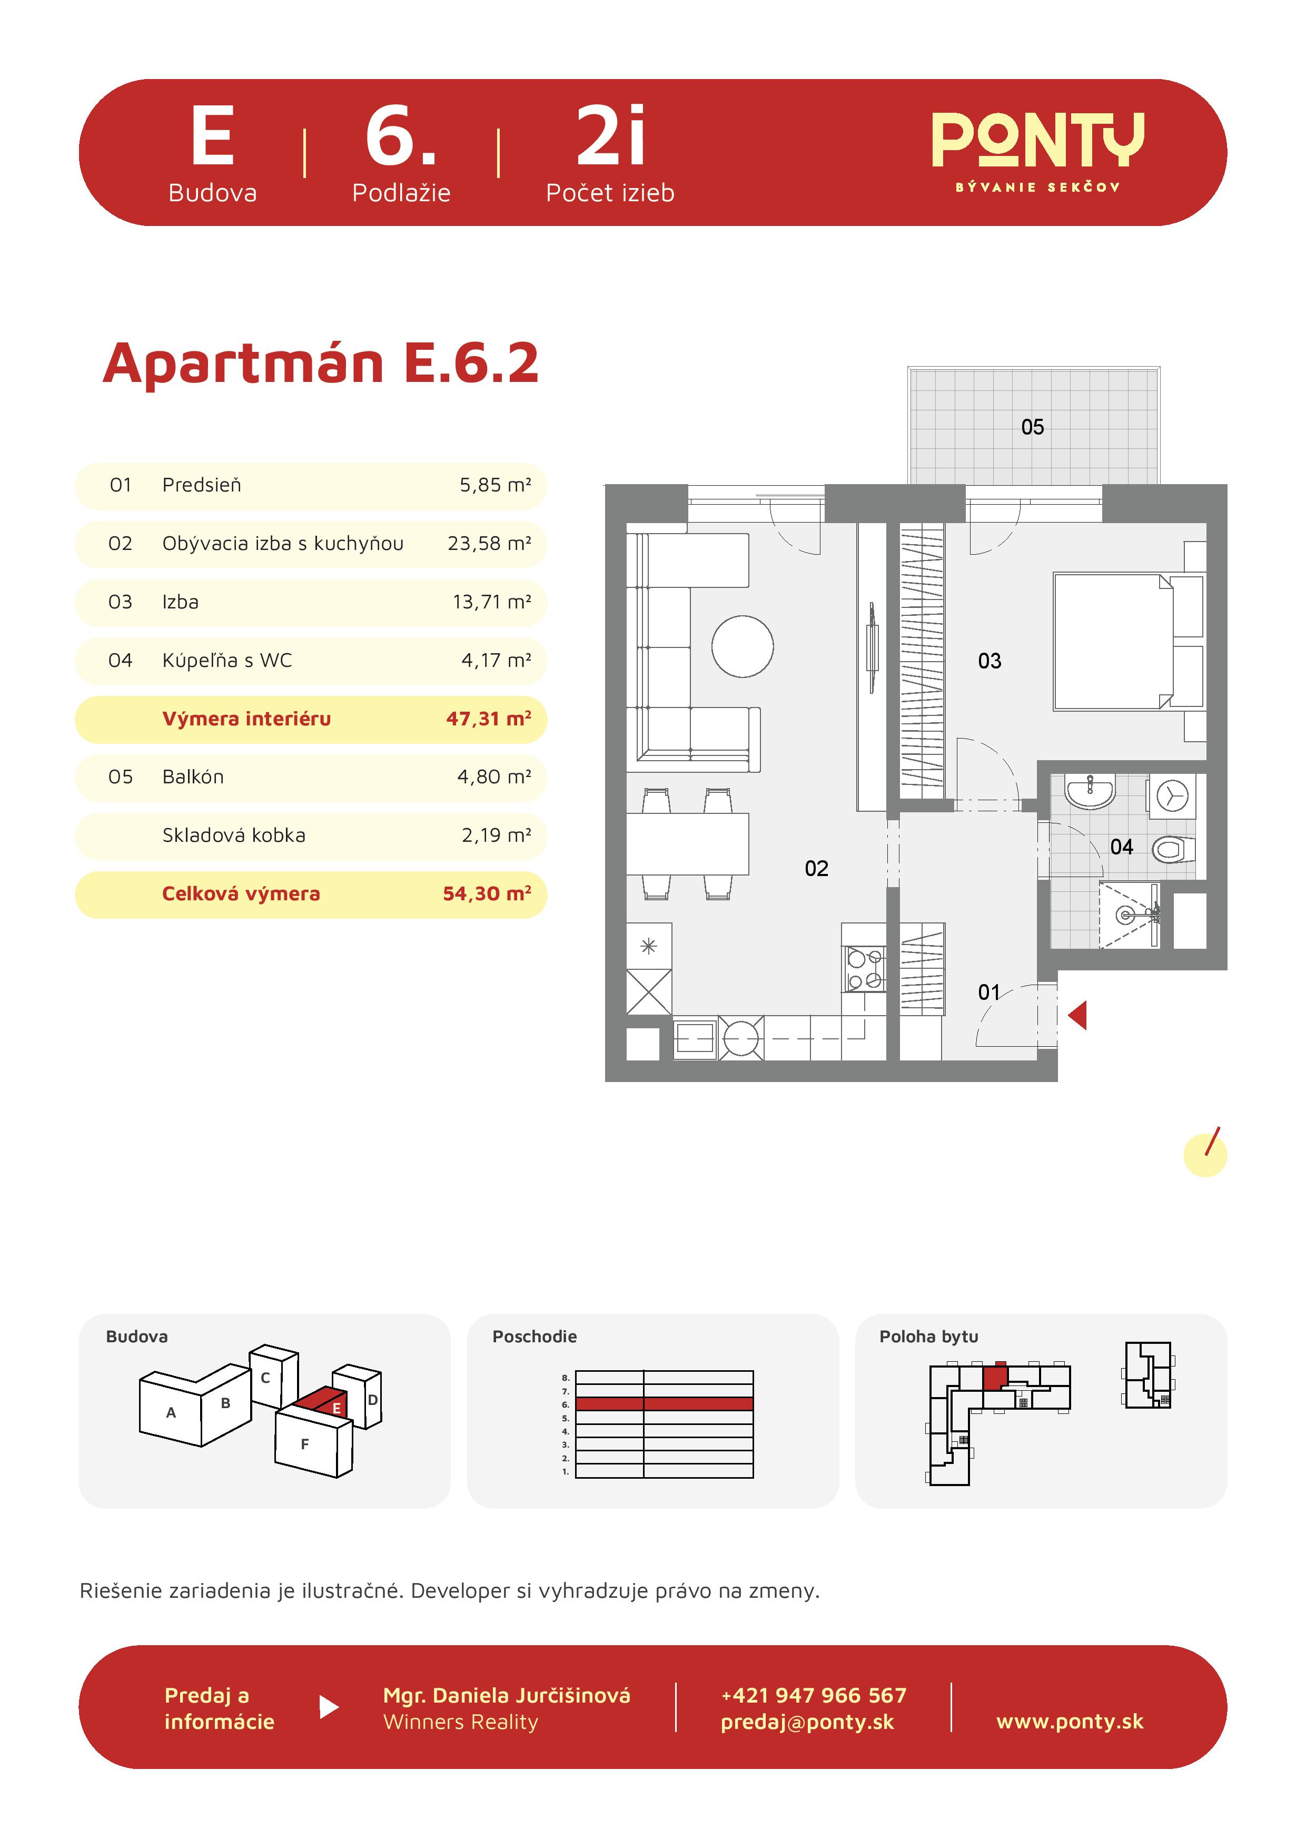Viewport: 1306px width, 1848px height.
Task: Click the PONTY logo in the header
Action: (x=1037, y=151)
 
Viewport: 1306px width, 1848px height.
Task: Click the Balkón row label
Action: (x=193, y=776)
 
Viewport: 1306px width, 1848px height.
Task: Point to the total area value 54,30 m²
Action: (x=487, y=893)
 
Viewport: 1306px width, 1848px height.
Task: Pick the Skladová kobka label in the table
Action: (x=234, y=835)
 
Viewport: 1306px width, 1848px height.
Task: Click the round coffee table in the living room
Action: (x=743, y=646)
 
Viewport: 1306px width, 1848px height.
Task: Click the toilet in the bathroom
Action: (x=1174, y=848)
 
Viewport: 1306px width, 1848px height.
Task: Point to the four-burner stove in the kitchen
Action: (x=864, y=969)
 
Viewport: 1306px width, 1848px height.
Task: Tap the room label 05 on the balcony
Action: (x=1032, y=427)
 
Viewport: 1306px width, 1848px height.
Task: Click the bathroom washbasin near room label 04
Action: (x=1090, y=791)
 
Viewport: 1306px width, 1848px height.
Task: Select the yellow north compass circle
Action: (x=1204, y=1155)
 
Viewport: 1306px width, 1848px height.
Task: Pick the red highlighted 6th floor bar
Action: (x=665, y=1404)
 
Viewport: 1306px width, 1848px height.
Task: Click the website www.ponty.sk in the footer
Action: (x=1070, y=1721)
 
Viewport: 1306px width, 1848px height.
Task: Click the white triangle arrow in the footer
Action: (x=328, y=1707)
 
